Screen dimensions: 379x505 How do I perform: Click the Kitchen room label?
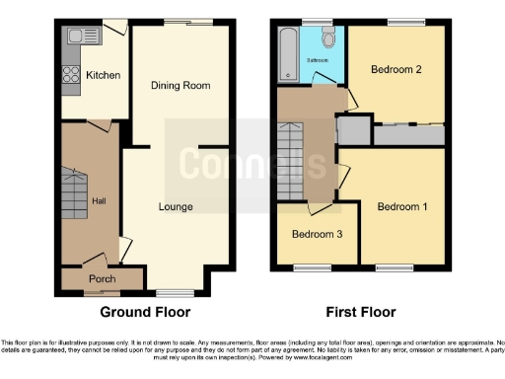pyautogui.click(x=102, y=75)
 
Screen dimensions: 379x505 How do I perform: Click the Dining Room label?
pyautogui.click(x=180, y=86)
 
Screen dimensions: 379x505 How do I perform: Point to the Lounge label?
pyautogui.click(x=177, y=206)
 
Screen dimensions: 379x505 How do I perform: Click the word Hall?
pyautogui.click(x=99, y=201)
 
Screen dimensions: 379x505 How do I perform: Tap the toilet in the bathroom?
pyautogui.click(x=328, y=39)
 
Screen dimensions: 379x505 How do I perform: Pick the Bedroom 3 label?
pyautogui.click(x=316, y=234)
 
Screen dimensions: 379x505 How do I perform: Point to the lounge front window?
pyautogui.click(x=176, y=292)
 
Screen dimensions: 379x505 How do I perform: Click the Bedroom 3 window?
pyautogui.click(x=316, y=266)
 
